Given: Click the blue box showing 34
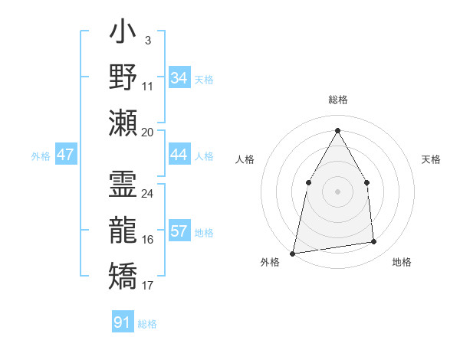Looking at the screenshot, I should tap(179, 78).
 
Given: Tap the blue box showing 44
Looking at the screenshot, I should tap(179, 155).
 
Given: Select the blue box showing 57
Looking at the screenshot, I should tap(179, 232).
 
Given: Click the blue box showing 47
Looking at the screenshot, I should tap(66, 155).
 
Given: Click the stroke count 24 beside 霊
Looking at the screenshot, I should tap(148, 193).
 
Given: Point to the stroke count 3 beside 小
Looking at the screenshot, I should tap(147, 39).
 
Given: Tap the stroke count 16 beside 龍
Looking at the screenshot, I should tap(148, 240).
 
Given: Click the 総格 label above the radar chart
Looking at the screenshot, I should tap(337, 100).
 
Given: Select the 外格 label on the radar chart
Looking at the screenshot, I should tap(270, 263).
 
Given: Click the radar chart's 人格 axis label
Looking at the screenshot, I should tap(245, 159).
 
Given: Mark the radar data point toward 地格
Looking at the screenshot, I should tap(374, 242).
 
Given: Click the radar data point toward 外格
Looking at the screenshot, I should tap(293, 253).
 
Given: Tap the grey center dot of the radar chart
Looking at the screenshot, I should tap(337, 191).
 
